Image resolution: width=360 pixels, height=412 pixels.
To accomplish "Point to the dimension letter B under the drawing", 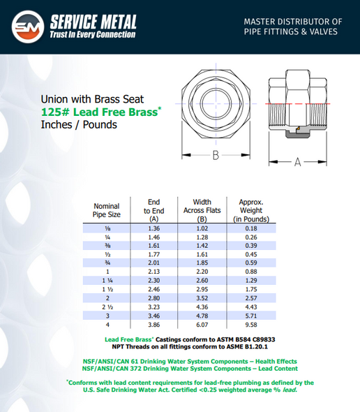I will point(216,156).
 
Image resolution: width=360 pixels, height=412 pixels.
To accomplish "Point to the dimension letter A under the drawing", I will point(297,161).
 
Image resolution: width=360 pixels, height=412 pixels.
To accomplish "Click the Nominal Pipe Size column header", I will point(107,211).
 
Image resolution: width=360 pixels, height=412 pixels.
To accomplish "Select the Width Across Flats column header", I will point(201,210).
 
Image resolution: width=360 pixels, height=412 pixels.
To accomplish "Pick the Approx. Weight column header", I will point(250,210).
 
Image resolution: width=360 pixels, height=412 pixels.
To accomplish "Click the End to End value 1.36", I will point(154,228).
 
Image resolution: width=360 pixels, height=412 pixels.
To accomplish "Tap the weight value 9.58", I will point(250,324).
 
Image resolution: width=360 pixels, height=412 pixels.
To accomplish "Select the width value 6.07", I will point(201,324).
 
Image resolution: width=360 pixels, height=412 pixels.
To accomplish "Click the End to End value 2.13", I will point(154,272).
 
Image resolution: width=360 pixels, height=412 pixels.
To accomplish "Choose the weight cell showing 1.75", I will point(250,289).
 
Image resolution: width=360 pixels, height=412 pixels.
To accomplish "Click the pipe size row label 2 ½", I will point(107,307).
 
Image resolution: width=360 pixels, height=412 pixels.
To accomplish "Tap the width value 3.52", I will point(201,298).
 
